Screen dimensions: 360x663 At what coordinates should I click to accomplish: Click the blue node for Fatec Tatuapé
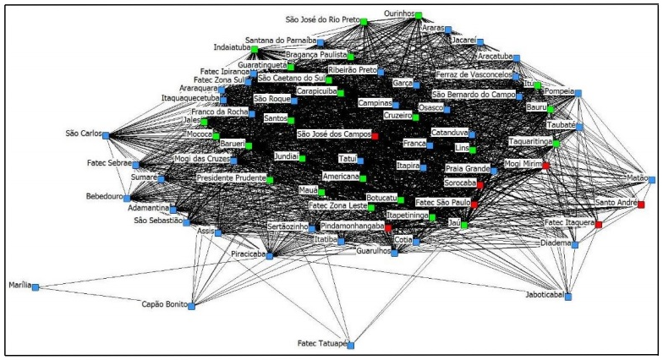351,346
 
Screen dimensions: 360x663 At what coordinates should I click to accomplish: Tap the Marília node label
19,286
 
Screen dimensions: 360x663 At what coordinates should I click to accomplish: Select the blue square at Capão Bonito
191,306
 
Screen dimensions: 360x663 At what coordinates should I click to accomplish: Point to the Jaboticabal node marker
568,297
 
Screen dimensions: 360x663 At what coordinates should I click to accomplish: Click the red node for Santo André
641,205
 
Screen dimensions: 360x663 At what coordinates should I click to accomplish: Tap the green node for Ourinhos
419,15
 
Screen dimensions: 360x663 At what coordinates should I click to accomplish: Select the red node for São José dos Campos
375,135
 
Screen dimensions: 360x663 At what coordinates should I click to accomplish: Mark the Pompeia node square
579,92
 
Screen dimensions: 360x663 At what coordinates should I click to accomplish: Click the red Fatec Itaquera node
599,224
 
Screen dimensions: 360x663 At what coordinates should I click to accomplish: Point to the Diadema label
555,243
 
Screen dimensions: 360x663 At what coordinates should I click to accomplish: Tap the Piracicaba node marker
270,254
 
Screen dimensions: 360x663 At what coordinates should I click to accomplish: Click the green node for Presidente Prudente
270,180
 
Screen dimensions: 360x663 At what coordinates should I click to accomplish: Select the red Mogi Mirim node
545,165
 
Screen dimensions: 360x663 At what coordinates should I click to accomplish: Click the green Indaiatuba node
254,49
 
